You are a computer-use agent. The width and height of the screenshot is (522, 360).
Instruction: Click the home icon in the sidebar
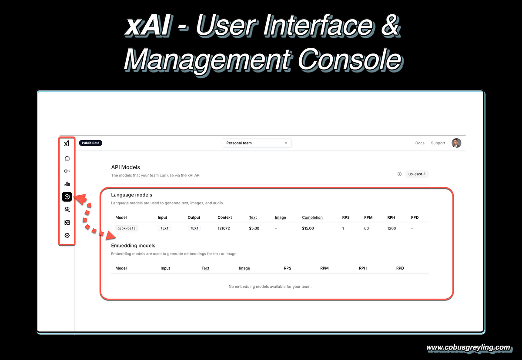[67, 158]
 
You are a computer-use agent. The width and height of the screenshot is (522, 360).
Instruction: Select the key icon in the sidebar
[67, 171]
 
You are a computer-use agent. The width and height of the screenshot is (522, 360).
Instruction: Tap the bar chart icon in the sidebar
[67, 184]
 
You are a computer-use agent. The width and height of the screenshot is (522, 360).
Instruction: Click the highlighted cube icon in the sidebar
[67, 197]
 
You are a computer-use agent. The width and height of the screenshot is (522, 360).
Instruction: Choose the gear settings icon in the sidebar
[67, 235]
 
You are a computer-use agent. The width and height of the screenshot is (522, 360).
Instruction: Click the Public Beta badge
[90, 143]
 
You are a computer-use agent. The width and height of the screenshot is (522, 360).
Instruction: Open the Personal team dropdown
[257, 143]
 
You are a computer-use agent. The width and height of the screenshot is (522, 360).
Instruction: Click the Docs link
[420, 143]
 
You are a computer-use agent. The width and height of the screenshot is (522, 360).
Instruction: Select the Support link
[438, 143]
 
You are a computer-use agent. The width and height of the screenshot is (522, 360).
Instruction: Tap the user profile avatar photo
[456, 143]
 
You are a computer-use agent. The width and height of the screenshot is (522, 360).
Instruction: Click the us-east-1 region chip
[417, 174]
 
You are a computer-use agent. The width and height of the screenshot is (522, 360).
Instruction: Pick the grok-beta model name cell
[127, 228]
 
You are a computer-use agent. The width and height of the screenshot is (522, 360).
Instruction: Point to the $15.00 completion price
[308, 228]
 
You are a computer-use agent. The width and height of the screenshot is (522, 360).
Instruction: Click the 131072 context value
[224, 228]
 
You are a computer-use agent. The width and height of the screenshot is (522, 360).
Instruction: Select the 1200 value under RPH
[391, 228]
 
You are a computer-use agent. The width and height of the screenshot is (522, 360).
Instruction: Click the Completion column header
[312, 217]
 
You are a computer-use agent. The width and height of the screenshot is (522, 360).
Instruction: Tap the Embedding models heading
[133, 245]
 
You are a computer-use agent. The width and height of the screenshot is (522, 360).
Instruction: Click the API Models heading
[125, 167]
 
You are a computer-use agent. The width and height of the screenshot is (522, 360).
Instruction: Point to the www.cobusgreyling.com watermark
[468, 348]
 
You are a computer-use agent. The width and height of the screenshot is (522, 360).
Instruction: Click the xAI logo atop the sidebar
[67, 143]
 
